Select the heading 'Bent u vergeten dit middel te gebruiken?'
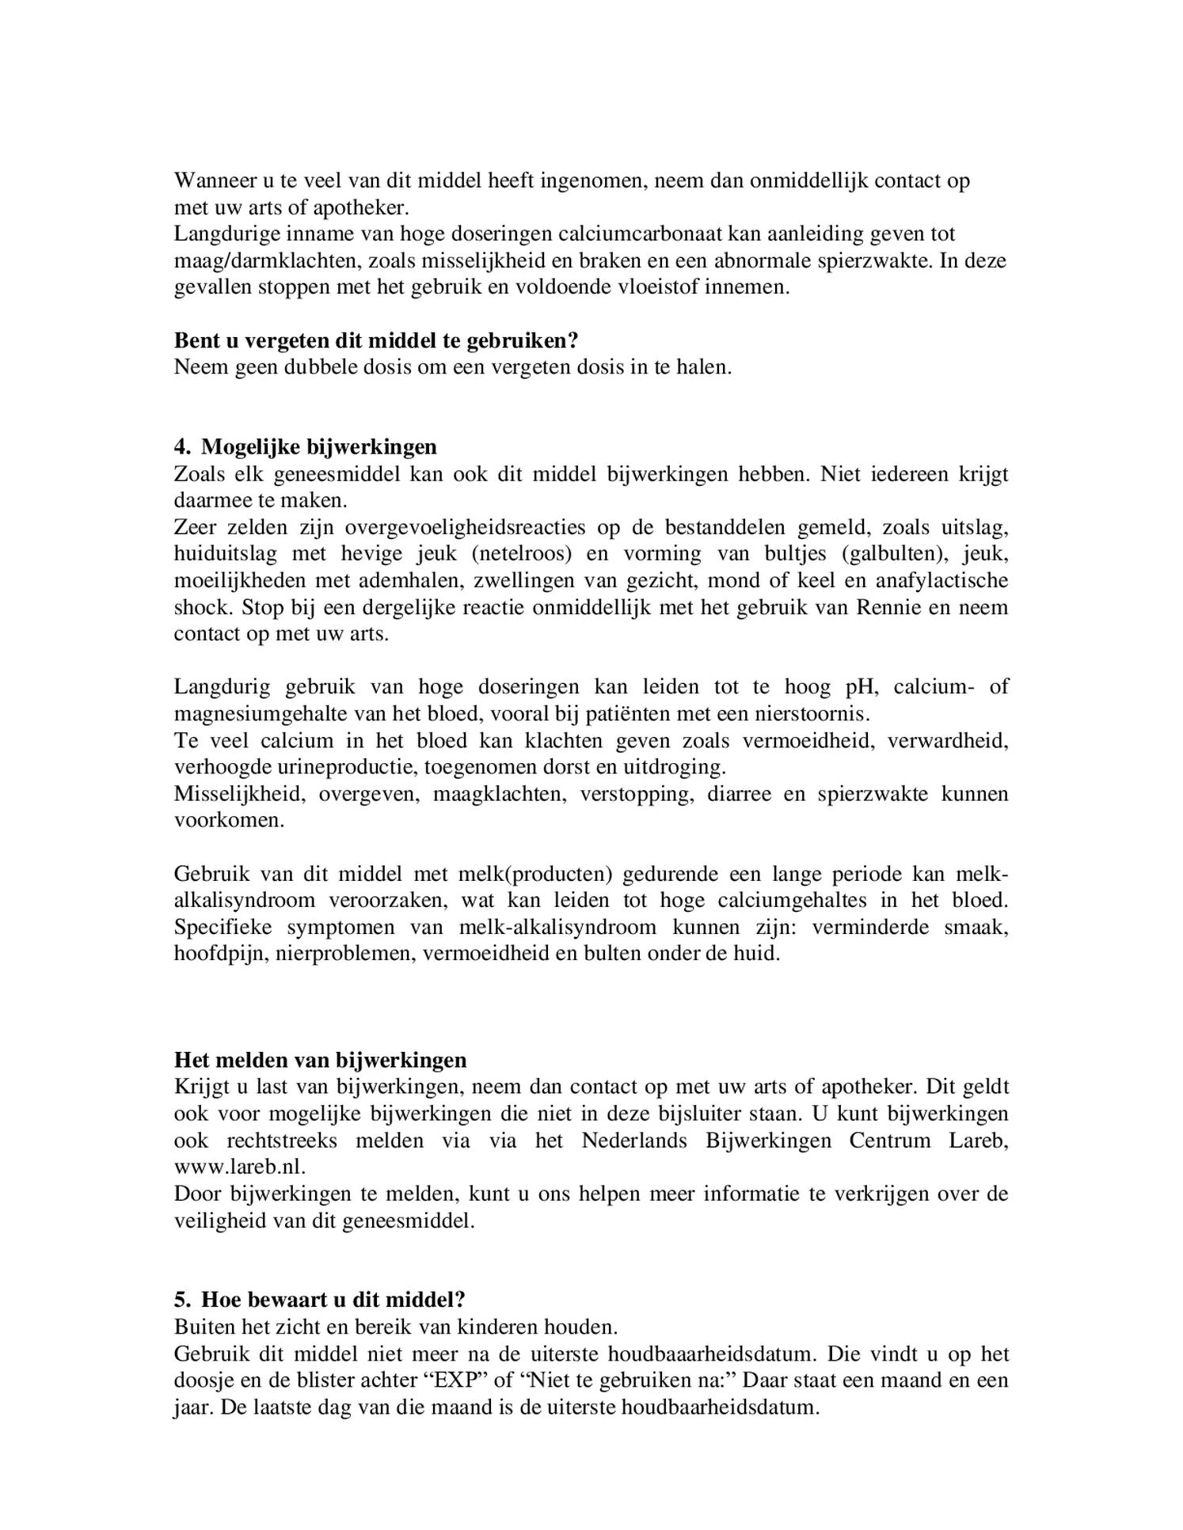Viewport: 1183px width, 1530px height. tap(376, 341)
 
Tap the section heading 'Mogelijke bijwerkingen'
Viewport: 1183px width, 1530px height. tap(318, 447)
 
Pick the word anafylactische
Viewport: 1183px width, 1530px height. tap(941, 580)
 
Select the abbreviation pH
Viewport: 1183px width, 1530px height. tap(860, 686)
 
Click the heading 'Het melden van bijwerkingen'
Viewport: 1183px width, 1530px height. tap(320, 1060)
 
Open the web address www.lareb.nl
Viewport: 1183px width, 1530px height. tap(239, 1167)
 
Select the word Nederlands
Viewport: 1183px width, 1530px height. tap(634, 1141)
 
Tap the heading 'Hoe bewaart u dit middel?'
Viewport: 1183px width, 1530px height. tap(333, 1300)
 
